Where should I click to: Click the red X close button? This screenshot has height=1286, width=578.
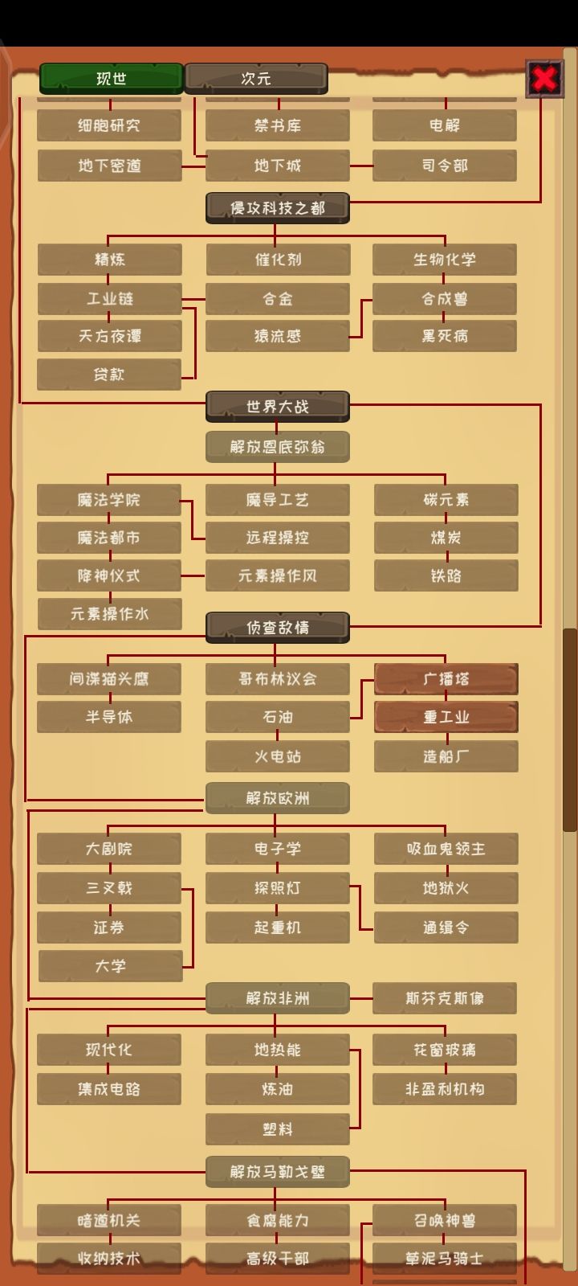(x=544, y=79)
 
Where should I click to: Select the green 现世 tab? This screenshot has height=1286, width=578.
(x=112, y=79)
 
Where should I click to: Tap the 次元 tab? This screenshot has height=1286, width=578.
(x=256, y=79)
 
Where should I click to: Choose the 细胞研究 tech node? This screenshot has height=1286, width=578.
(x=109, y=125)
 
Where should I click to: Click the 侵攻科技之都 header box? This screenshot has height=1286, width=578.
(x=278, y=208)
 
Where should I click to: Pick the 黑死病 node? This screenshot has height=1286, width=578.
(x=445, y=336)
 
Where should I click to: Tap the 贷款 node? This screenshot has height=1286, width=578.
(x=109, y=375)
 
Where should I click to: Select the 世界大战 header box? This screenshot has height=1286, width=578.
(x=278, y=407)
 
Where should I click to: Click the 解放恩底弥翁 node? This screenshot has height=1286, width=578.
(x=278, y=447)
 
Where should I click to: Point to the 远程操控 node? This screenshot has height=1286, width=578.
(x=278, y=538)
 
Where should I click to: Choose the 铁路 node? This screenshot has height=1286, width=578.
(x=446, y=575)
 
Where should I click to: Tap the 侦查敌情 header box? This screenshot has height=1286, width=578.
(x=278, y=628)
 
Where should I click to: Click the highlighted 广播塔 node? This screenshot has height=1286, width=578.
(x=446, y=679)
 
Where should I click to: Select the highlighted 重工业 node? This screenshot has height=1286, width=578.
(x=446, y=717)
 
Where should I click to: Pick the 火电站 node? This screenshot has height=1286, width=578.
(x=278, y=756)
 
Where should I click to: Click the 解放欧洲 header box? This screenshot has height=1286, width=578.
(x=278, y=798)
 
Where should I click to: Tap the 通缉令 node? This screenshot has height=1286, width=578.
(x=446, y=928)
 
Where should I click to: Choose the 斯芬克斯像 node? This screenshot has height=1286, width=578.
(x=445, y=997)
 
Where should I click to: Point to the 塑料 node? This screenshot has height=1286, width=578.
(x=278, y=1129)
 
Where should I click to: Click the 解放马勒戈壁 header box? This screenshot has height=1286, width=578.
(x=278, y=1172)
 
